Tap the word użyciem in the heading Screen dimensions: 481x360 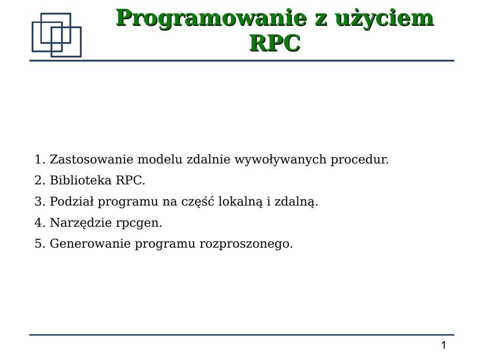click(x=384, y=19)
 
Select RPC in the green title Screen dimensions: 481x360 click(x=275, y=43)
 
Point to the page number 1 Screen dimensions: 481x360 click(x=443, y=345)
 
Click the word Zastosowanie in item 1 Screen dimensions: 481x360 click(x=92, y=160)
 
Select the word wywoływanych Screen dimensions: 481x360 click(x=280, y=160)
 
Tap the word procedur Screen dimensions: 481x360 click(x=359, y=160)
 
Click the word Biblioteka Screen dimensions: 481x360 click(x=80, y=180)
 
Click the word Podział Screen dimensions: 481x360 click(x=71, y=201)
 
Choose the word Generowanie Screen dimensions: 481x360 click(x=90, y=244)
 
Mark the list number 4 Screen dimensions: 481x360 click(x=40, y=222)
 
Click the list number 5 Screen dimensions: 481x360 click(x=40, y=244)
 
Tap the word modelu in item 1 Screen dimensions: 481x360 click(x=160, y=160)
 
